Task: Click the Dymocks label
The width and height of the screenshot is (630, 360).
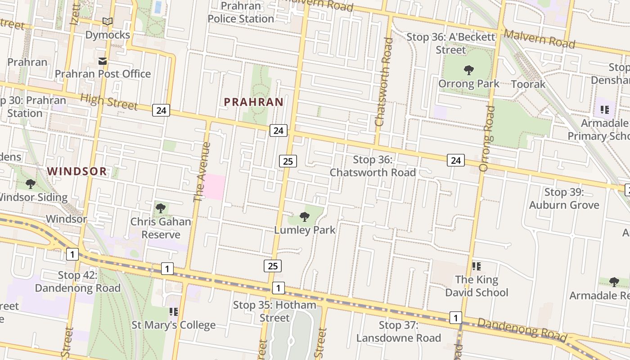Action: click(x=108, y=35)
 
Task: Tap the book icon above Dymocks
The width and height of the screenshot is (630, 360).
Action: click(x=107, y=21)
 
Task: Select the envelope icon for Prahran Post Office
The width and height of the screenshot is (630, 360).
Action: click(x=103, y=61)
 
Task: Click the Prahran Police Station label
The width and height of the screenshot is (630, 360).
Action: click(x=241, y=13)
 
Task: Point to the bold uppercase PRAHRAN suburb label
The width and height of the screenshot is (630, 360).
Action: click(x=254, y=102)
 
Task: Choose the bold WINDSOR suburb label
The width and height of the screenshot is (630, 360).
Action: click(x=77, y=171)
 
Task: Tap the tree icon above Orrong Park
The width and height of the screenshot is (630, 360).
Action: click(x=469, y=70)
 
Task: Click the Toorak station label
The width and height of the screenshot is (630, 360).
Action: click(x=528, y=84)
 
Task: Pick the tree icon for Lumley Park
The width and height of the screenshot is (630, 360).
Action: click(x=305, y=217)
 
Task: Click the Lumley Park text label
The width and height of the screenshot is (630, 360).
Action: click(x=305, y=230)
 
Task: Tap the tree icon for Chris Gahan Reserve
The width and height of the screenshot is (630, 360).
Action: click(x=161, y=208)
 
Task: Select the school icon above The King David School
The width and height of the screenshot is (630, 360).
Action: click(x=477, y=266)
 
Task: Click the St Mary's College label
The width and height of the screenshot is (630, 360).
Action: click(x=173, y=325)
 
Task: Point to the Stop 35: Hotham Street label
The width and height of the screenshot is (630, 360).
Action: click(x=274, y=311)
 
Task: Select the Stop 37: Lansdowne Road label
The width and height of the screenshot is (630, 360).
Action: click(x=398, y=332)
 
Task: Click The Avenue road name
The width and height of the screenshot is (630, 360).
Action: click(x=202, y=172)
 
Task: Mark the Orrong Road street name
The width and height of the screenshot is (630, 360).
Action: click(x=487, y=139)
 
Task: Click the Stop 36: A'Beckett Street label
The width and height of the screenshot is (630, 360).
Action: click(x=450, y=43)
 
